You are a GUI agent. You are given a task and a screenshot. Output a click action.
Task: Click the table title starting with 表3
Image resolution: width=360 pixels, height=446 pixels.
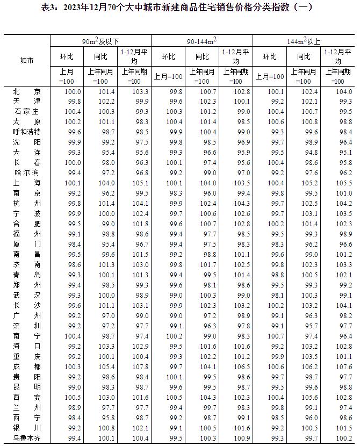click(x=180, y=8)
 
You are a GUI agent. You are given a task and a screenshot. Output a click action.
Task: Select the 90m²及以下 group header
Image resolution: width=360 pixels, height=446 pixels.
click(x=101, y=41)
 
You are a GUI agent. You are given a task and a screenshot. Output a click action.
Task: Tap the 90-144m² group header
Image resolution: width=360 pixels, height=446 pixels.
click(x=202, y=41)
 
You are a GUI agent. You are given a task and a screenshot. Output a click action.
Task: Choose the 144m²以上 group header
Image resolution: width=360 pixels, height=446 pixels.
click(x=303, y=41)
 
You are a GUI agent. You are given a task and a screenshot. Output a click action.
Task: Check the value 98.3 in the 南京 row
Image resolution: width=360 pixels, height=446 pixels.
click(x=176, y=193)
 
